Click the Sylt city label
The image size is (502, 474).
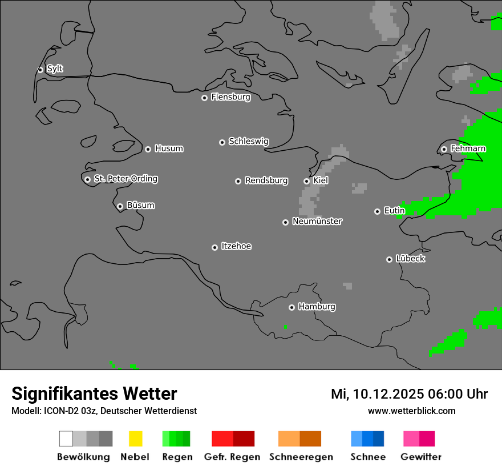[55, 69]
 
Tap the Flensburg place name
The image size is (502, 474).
[230, 97]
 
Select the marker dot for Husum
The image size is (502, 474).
[148, 149]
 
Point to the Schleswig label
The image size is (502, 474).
[248, 141]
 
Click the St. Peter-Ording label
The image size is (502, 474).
[125, 179]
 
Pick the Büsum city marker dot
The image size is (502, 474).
[120, 206]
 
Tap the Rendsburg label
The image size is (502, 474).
[266, 180]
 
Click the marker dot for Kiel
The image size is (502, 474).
[306, 181]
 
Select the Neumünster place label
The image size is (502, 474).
[317, 221]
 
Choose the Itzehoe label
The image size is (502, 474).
[236, 246]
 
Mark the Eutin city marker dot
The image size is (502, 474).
[377, 211]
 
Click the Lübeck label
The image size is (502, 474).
[410, 259]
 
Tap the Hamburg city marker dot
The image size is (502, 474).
[292, 307]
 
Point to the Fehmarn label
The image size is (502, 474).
[468, 148]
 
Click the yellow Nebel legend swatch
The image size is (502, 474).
[135, 439]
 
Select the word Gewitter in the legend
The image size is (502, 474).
[421, 457]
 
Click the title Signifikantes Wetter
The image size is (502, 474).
[94, 393]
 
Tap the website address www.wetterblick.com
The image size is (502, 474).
[411, 411]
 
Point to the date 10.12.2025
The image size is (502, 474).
[386, 394]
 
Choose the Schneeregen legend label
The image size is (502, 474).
[301, 457]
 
